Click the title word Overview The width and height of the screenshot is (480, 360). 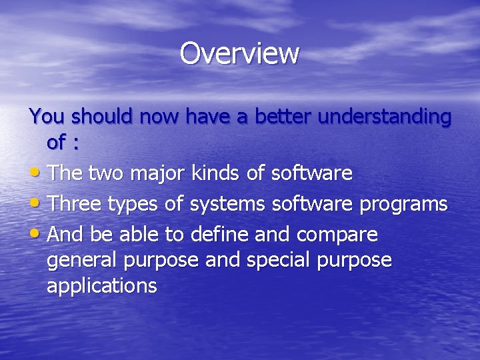[x=239, y=53]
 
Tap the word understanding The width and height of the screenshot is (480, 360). [x=385, y=117]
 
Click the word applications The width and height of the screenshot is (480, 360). [x=102, y=287]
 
